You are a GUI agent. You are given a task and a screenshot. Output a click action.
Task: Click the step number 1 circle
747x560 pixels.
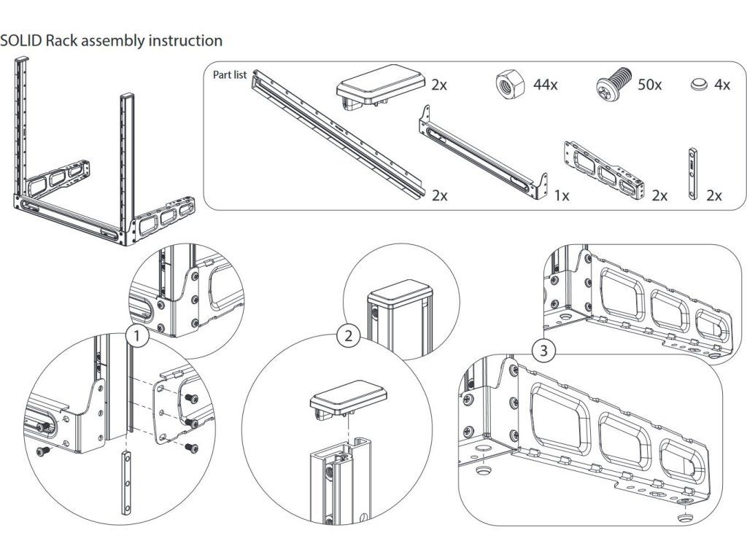point(136,337)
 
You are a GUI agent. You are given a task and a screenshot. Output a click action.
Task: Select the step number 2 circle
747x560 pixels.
point(348,336)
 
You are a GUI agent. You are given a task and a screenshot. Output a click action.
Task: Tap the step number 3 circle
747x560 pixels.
point(543,351)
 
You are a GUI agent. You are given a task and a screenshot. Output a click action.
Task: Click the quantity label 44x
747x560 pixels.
point(545,85)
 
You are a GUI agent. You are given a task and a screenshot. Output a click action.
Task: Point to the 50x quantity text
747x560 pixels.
point(649,85)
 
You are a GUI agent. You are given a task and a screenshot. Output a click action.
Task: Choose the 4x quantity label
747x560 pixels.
point(721,85)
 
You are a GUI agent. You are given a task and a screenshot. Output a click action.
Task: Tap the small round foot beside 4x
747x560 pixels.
point(699,85)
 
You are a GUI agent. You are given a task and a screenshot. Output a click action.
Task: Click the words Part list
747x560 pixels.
point(230,75)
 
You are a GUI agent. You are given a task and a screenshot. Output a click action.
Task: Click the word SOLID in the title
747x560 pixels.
point(21,41)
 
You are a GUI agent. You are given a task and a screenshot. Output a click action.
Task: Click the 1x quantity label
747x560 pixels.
point(562,195)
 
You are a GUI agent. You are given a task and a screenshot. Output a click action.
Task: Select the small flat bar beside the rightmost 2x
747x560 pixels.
point(693,174)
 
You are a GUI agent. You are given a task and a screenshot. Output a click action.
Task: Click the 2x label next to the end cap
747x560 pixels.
point(439,85)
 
